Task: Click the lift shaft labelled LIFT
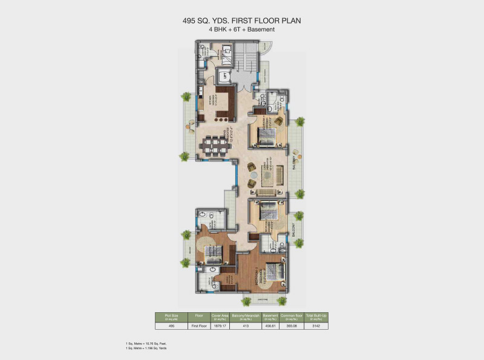tap(225, 76)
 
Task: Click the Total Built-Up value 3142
tap(316, 326)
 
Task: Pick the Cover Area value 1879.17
tap(219, 326)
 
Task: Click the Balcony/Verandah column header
tap(243, 316)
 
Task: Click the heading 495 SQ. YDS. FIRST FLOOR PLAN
tap(242, 21)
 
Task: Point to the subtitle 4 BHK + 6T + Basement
tap(242, 29)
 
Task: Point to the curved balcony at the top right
tap(267, 57)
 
